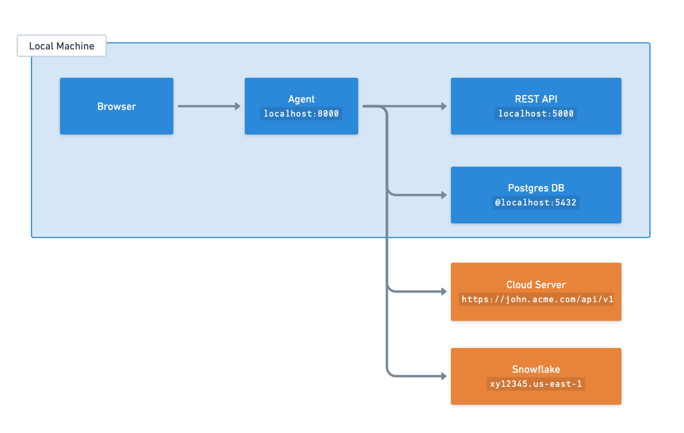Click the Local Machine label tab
coord(61,46)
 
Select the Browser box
coord(116,106)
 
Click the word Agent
coord(301,99)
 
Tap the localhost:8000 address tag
coord(301,114)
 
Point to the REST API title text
coord(535,99)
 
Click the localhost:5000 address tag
coord(535,114)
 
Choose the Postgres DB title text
coord(535,188)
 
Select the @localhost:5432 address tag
coord(535,203)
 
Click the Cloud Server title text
coord(535,284)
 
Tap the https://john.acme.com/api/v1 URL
coord(537,299)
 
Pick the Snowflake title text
coord(535,369)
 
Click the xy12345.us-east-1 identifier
coord(535,384)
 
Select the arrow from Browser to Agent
coord(207,106)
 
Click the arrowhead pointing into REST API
coord(444,106)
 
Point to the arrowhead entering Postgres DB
coord(444,195)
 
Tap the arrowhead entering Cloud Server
coord(444,292)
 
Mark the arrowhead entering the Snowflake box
coord(444,376)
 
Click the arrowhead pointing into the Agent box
coord(237,106)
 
